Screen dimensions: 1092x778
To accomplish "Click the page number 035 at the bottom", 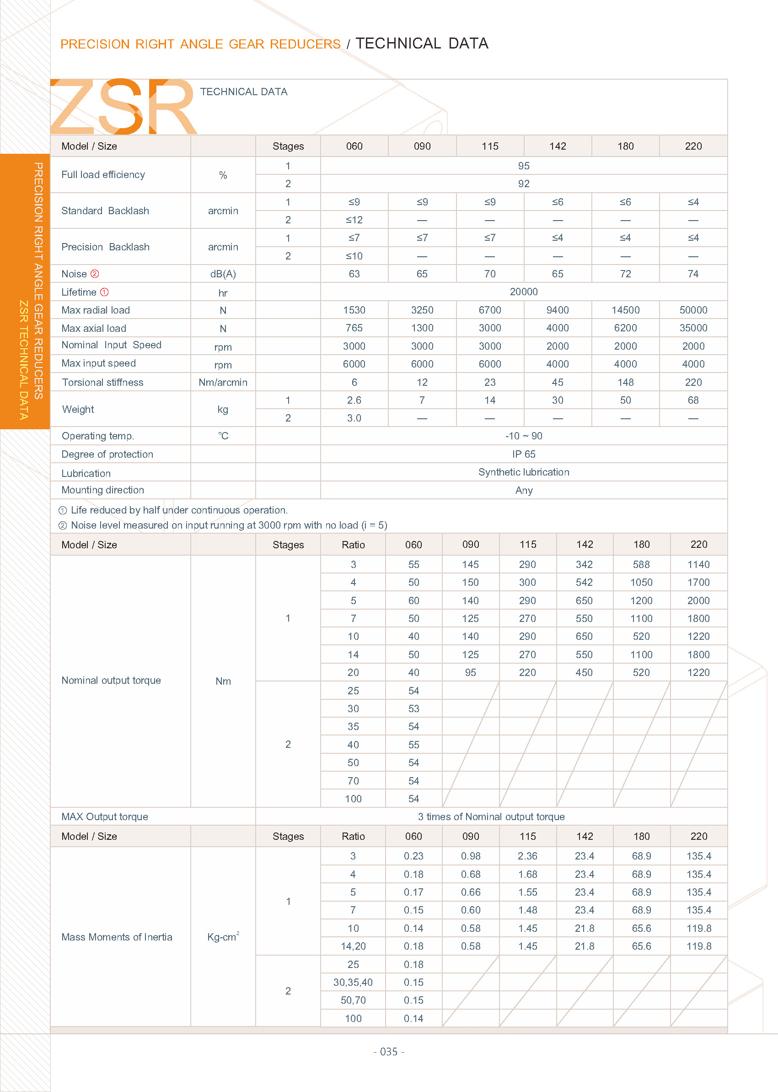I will coord(388,1051).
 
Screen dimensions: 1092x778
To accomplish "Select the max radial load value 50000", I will coord(693,310).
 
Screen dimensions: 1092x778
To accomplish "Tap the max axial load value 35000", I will coord(693,328).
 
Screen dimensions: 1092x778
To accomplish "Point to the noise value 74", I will coord(693,274).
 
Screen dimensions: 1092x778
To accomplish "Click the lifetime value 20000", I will coord(523,292).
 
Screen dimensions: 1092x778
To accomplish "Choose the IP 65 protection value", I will coord(523,454).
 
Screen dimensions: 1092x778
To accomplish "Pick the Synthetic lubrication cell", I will coord(523,472).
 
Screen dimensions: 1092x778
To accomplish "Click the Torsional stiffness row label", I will coord(102,382).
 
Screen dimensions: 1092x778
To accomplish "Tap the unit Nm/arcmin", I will coord(223,382).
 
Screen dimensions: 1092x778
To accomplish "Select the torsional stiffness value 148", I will coord(625,382).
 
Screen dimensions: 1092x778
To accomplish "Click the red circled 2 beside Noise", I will coord(95,274).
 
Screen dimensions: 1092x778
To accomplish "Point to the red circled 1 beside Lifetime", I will coord(104,292).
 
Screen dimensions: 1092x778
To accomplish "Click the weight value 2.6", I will coord(354,400).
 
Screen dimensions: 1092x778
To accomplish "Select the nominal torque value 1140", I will coord(698,564).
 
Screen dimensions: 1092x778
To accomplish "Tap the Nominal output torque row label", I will coord(111,680).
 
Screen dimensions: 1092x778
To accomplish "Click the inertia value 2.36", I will coord(527,856).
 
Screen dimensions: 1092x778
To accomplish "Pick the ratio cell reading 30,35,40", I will coord(353,982).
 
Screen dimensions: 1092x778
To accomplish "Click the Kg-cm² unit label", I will coord(223,937).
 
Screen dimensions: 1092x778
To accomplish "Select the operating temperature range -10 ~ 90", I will coord(523,436).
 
